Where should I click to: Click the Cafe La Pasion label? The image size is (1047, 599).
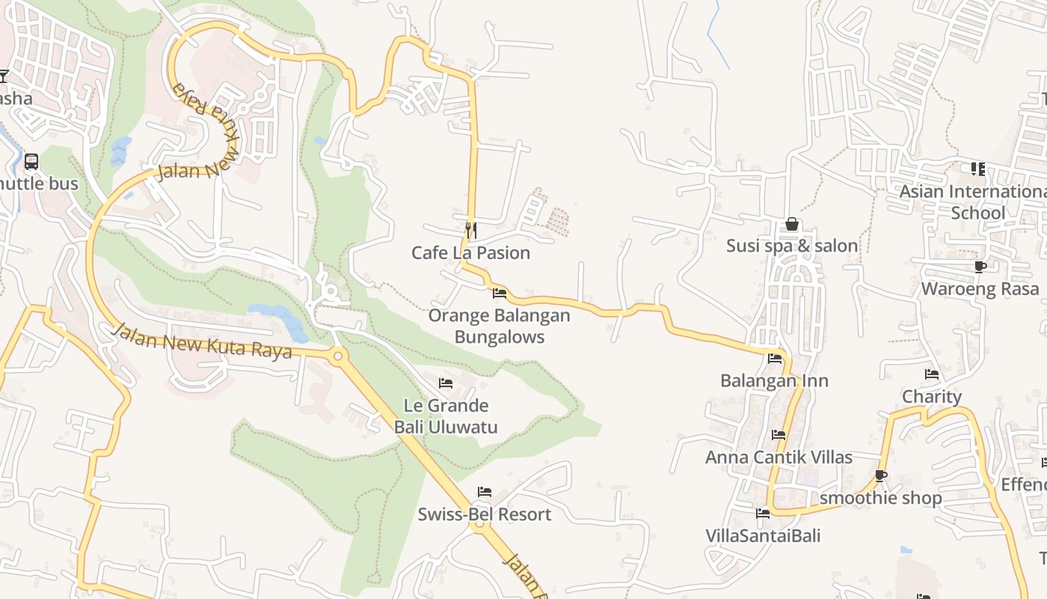coord(470,253)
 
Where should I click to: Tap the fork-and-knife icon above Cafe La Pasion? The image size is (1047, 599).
coord(470,229)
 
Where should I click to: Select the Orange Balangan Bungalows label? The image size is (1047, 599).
coord(499,326)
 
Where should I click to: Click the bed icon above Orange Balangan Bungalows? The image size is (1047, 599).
coord(499,294)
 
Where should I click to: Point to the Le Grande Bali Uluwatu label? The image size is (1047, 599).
coord(446,416)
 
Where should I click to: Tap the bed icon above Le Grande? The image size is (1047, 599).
coord(446,383)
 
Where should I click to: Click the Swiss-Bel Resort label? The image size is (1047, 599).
coord(484,514)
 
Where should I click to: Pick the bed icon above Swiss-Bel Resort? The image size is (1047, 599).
coord(484,492)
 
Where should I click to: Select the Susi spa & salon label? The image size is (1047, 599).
coord(792,246)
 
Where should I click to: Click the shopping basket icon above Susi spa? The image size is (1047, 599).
coord(792,224)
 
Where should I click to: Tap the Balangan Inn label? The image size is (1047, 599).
coord(774,380)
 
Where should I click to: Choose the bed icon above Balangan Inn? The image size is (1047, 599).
coord(774,359)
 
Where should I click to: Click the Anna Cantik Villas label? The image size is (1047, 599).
coord(779,457)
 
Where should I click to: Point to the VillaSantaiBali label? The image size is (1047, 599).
coord(763,536)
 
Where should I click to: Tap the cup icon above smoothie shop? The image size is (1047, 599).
coord(881,475)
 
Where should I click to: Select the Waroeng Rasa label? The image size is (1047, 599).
coord(980,289)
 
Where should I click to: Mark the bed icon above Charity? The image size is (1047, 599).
coord(931,374)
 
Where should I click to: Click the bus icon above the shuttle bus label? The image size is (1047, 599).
coord(31,161)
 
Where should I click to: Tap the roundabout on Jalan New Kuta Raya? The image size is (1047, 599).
coord(338,356)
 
